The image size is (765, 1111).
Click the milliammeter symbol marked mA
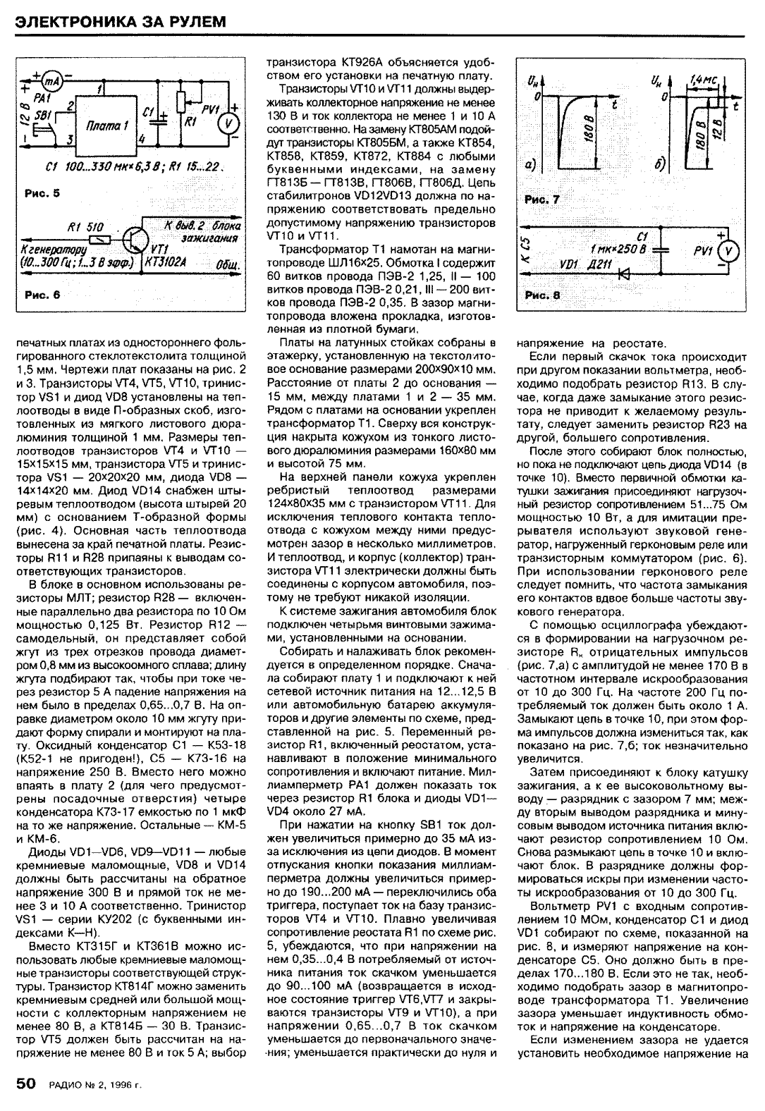coord(51,80)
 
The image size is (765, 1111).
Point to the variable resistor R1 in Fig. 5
coord(185,103)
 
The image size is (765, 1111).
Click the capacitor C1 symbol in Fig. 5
coord(161,117)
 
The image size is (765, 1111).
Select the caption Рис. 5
coord(36,193)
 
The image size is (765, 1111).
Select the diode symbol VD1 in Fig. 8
coord(622,274)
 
